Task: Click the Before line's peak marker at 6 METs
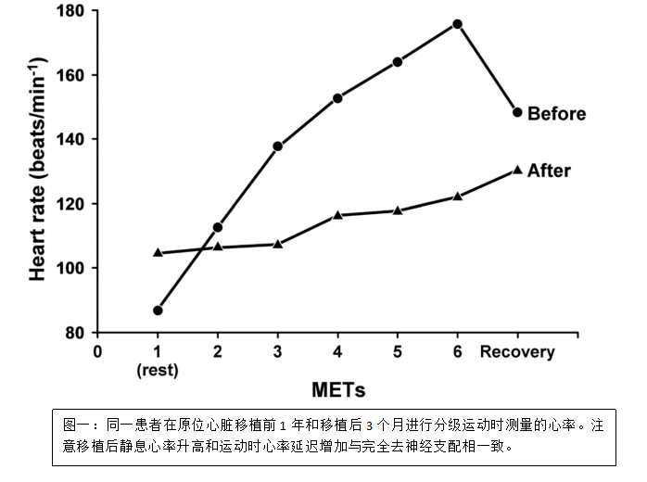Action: pos(457,23)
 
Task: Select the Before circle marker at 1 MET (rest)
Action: pos(158,310)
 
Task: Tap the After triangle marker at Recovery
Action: pos(516,170)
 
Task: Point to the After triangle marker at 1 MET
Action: pos(158,252)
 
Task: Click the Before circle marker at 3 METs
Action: pos(277,146)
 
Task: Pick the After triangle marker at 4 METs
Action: pos(337,215)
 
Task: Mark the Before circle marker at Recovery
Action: pos(516,112)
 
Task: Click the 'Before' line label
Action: pos(556,114)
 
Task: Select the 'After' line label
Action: pos(549,171)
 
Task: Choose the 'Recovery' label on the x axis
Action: pos(516,351)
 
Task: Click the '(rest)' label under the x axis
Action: pos(157,370)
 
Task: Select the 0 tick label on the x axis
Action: pos(97,351)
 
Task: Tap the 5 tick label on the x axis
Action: pos(397,351)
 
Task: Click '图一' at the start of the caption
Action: pos(75,425)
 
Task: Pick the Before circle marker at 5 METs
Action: pos(397,62)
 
